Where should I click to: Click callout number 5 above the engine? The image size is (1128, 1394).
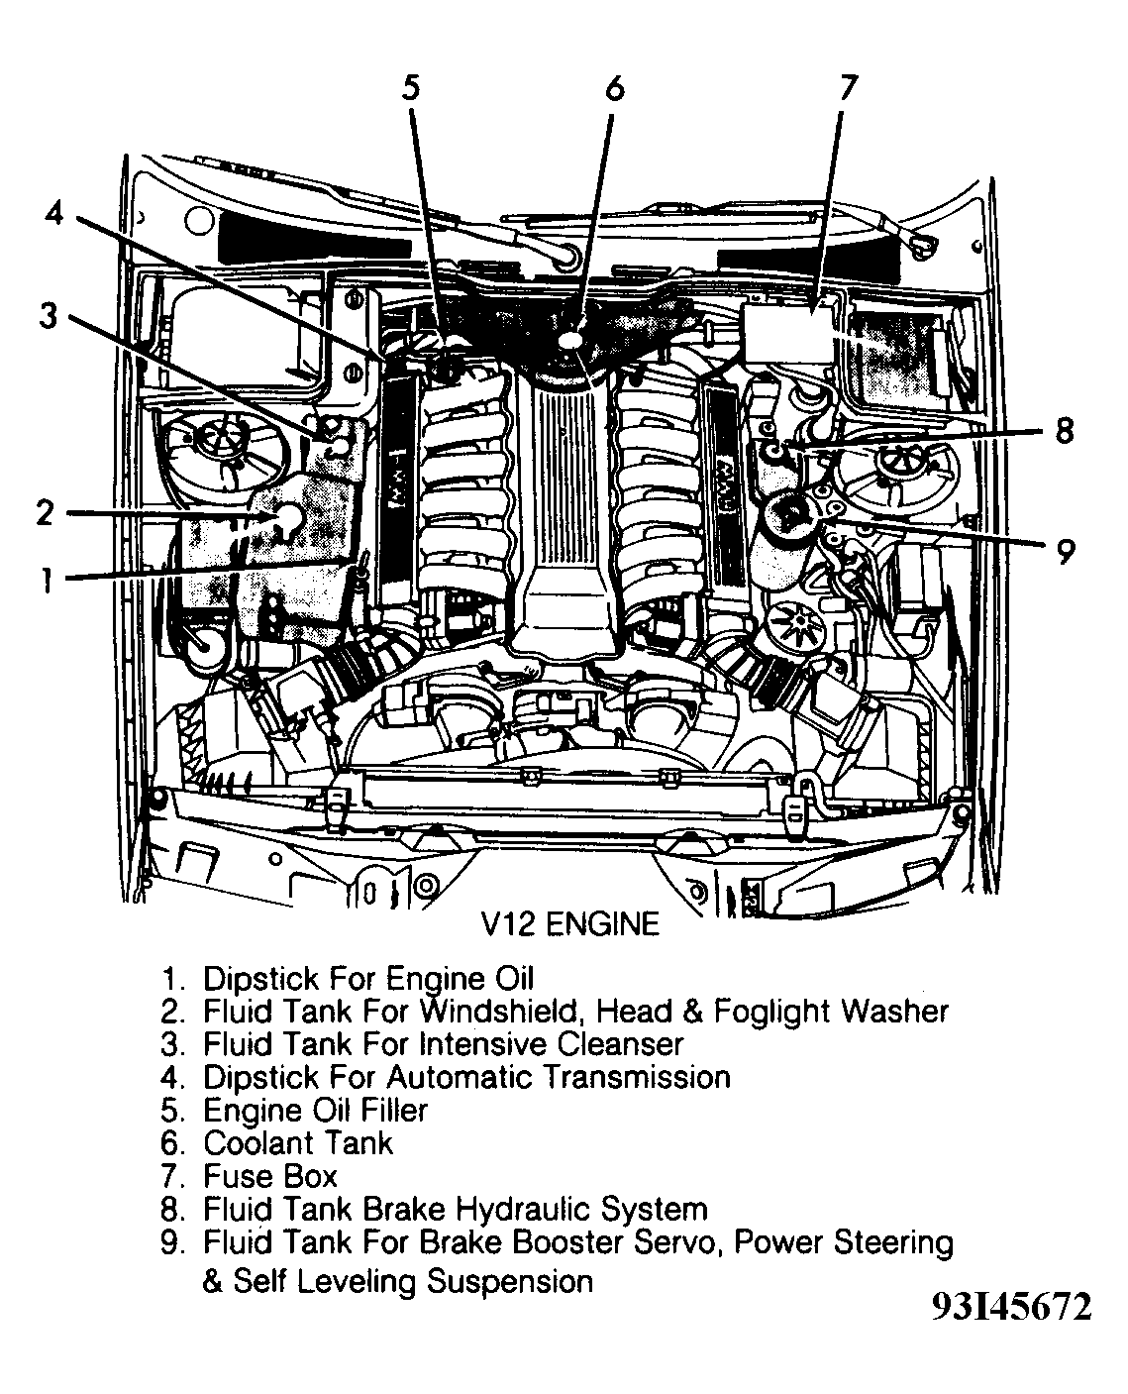(x=410, y=88)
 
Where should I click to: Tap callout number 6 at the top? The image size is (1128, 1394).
(x=614, y=88)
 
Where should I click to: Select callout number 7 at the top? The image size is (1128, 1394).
(x=844, y=88)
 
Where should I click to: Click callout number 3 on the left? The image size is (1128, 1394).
(x=48, y=317)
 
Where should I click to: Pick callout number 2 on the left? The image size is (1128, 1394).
(x=45, y=513)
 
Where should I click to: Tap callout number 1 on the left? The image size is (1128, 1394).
(x=45, y=579)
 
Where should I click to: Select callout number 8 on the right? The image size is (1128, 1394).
(x=1064, y=433)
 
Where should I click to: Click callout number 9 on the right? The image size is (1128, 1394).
(x=1066, y=551)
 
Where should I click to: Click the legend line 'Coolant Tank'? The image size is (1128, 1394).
(x=297, y=1142)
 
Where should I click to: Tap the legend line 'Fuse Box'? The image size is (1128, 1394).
(x=269, y=1176)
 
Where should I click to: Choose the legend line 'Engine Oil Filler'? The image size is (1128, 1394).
(x=315, y=1110)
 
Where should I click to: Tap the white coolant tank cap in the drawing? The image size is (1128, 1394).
(x=572, y=340)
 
